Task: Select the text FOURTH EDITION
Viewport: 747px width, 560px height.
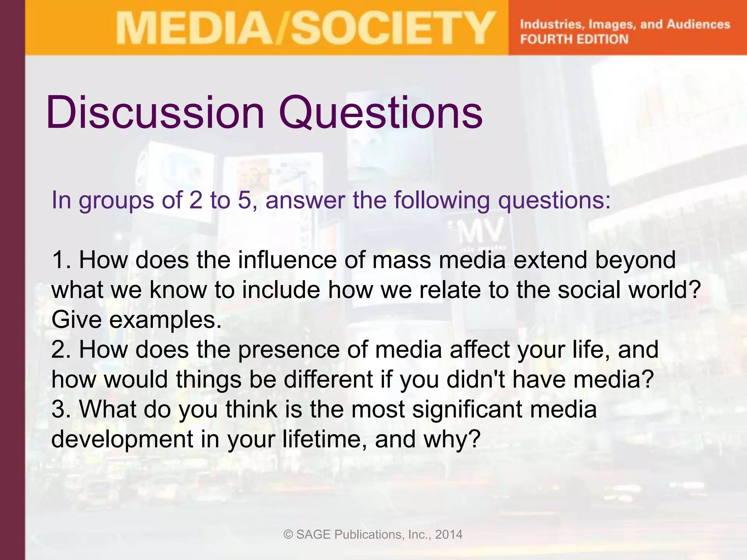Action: [x=574, y=39]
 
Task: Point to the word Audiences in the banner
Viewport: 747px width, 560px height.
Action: [x=698, y=24]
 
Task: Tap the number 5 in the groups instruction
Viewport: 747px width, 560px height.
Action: [x=244, y=200]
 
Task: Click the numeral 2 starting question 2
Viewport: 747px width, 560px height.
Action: [x=58, y=349]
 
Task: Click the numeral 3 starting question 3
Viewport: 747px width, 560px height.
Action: [x=58, y=409]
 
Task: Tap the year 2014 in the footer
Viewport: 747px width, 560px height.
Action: [x=449, y=534]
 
